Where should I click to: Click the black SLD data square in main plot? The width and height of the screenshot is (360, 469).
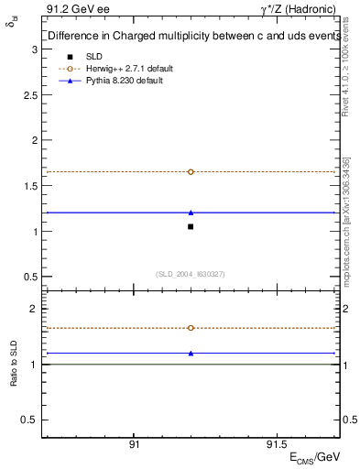pos(191,226)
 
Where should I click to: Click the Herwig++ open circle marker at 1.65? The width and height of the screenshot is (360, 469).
pos(191,171)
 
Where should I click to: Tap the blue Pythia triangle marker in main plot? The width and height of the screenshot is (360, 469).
pos(191,213)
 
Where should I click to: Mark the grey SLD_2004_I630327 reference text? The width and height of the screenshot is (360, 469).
pos(191,274)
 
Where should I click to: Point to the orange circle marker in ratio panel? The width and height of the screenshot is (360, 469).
pos(191,327)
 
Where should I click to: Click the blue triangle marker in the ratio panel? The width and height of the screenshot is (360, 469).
pos(191,353)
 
